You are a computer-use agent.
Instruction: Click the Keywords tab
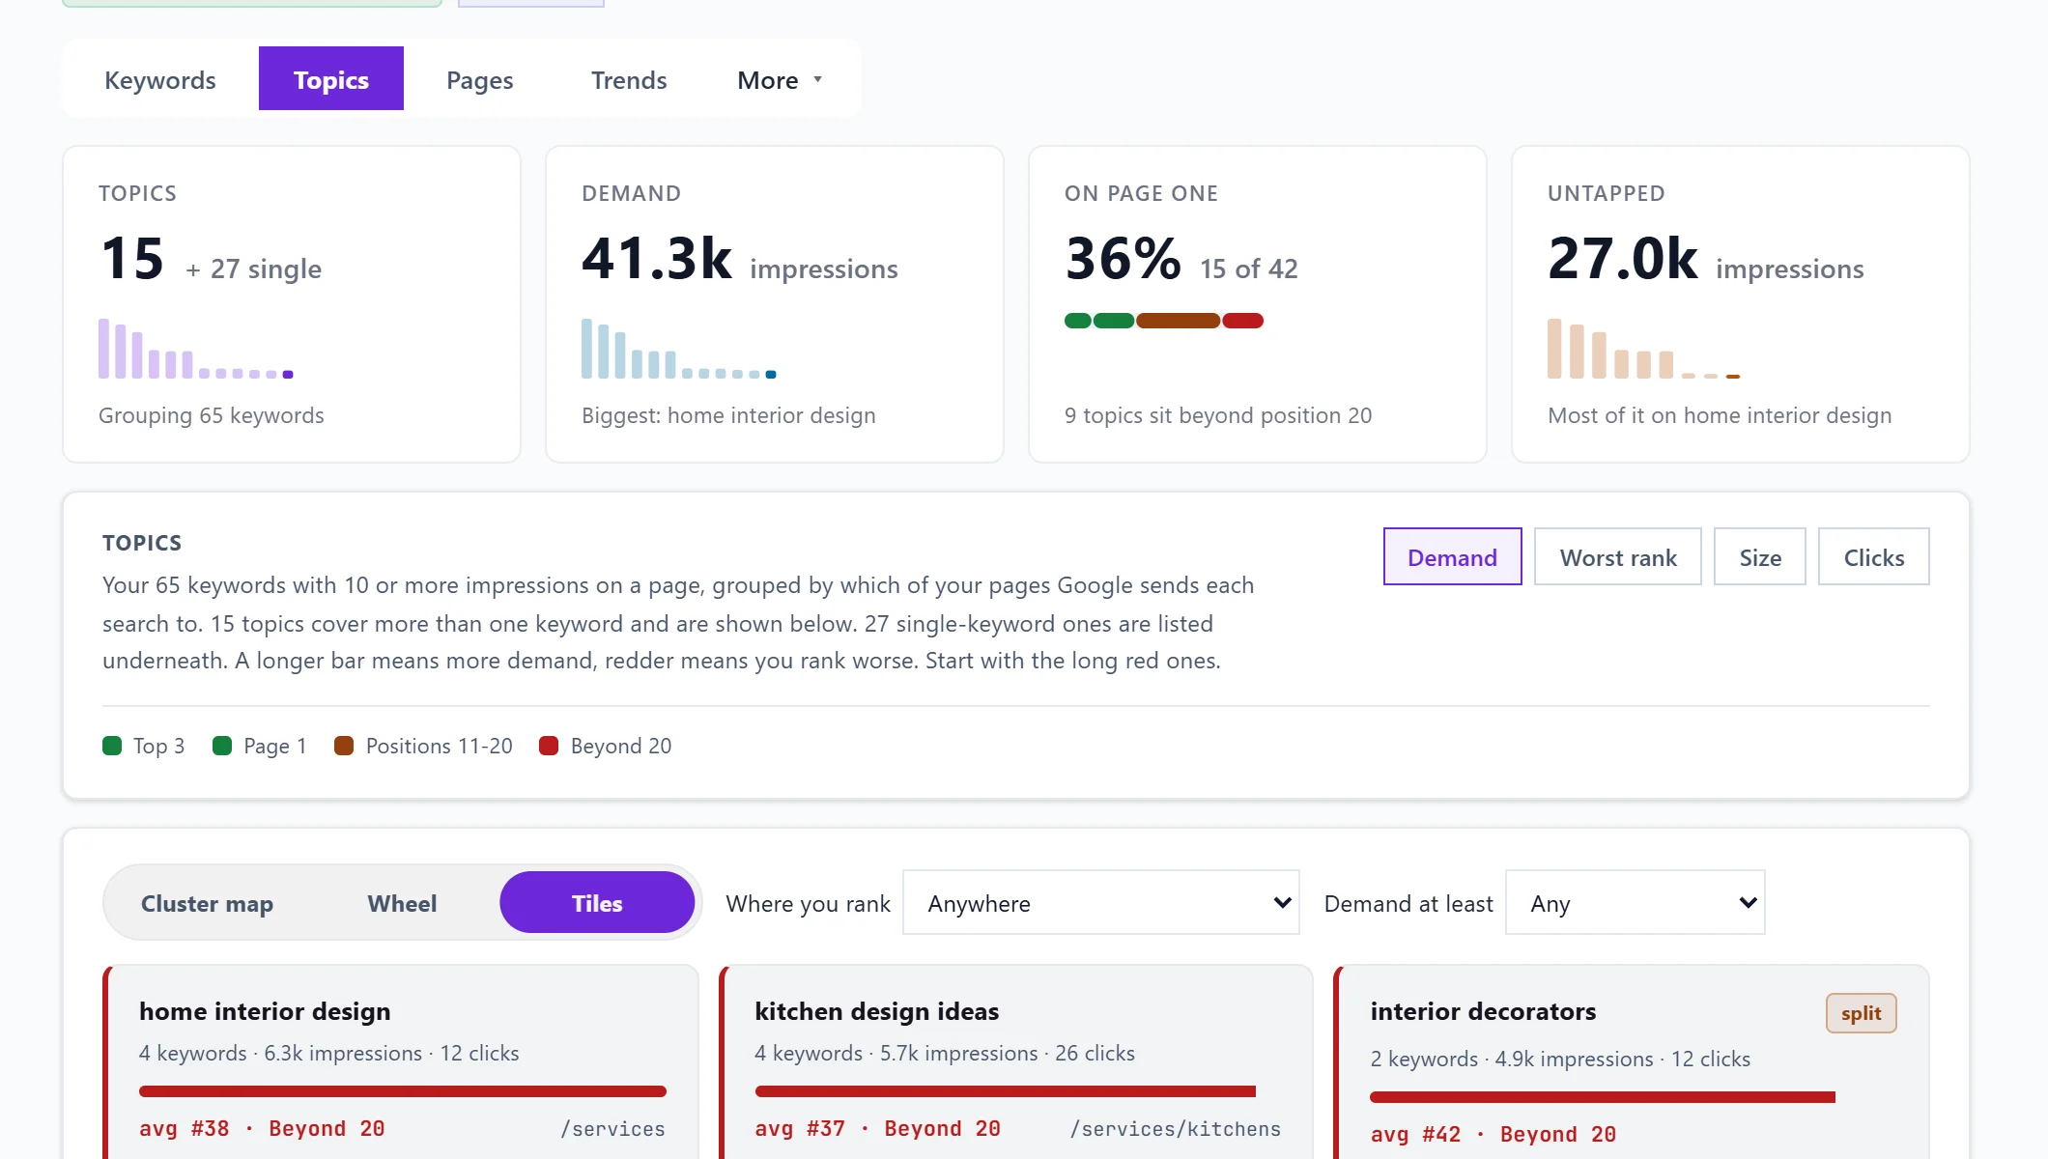point(160,79)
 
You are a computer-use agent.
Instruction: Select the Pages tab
point(479,79)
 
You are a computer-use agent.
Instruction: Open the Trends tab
point(629,79)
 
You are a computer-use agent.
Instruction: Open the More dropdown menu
point(780,79)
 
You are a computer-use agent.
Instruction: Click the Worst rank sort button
point(1618,556)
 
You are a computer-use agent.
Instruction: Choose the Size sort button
point(1760,556)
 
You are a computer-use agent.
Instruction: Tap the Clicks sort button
point(1874,556)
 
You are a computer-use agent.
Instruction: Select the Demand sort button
point(1452,556)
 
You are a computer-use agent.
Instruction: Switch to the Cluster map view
point(207,902)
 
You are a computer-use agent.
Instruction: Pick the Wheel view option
point(402,902)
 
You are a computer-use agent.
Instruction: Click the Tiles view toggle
point(597,902)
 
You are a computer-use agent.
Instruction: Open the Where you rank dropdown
point(1100,902)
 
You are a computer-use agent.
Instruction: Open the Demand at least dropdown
point(1635,902)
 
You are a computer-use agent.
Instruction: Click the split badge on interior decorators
point(1861,1013)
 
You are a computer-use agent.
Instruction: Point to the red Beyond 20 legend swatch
point(549,746)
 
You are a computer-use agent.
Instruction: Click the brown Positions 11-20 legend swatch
point(344,746)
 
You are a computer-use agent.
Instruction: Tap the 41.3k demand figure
point(657,259)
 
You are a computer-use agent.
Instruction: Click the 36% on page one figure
point(1123,259)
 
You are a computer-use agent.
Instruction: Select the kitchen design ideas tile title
point(876,1011)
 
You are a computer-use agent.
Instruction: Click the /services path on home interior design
point(612,1128)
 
